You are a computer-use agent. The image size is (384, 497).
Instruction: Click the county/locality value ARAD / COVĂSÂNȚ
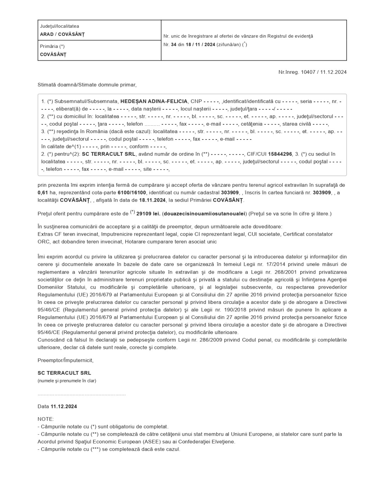[62, 34]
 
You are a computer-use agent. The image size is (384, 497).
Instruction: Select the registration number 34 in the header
[174, 45]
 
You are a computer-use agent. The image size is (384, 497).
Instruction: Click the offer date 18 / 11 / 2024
[200, 45]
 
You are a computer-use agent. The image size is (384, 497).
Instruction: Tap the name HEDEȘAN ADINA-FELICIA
[154, 102]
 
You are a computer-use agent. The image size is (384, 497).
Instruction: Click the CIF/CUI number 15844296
[280, 154]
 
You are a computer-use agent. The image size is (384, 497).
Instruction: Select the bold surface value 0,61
[43, 193]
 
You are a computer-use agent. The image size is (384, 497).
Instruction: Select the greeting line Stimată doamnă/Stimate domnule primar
[87, 85]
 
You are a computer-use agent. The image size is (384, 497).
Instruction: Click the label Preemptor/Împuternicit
[65, 360]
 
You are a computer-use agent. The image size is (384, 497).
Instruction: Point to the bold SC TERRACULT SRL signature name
[64, 373]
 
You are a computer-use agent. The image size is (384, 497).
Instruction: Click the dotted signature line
[82, 394]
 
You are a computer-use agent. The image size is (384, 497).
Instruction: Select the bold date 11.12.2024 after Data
[64, 406]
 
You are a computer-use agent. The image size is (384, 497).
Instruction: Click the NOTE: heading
[45, 419]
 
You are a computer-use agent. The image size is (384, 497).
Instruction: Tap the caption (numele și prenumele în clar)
[67, 381]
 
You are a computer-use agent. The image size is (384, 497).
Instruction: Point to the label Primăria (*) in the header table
[52, 47]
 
